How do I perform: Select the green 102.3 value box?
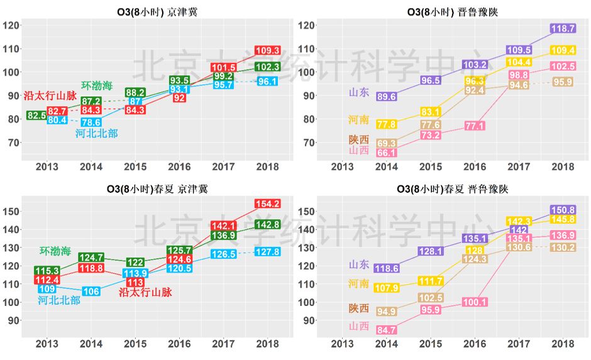267,67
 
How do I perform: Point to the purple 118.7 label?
563,29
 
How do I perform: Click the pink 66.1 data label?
386,153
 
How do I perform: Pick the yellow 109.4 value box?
563,50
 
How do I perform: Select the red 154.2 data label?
267,204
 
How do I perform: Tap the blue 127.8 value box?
267,251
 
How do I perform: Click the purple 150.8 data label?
563,210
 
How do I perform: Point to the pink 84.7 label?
386,330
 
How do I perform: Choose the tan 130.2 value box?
563,248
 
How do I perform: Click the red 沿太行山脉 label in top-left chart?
50,96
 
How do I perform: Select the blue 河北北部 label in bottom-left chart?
59,300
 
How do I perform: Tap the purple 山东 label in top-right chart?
359,92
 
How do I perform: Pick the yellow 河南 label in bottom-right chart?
359,285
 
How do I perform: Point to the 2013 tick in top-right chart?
343,166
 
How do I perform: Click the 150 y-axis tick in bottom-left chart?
12,211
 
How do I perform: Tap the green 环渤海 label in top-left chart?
97,85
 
